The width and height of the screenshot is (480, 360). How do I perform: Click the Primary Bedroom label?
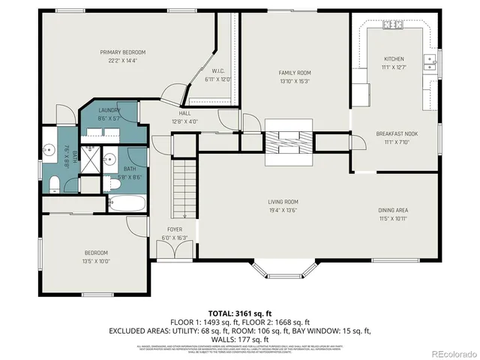pos(124,52)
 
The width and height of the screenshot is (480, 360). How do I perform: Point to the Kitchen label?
pos(394,58)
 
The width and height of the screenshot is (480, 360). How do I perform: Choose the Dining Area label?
pos(393,210)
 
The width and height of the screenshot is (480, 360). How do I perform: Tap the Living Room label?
pos(283,202)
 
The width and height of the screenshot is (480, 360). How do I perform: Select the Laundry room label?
pos(109,110)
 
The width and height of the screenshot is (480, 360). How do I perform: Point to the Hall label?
pos(184,113)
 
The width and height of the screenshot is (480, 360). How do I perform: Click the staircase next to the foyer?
pos(184,189)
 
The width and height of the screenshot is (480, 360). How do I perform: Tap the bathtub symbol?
pos(128,203)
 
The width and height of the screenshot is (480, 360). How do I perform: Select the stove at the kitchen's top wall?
pos(393,25)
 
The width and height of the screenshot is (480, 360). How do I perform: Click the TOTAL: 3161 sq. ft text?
pos(240,312)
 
